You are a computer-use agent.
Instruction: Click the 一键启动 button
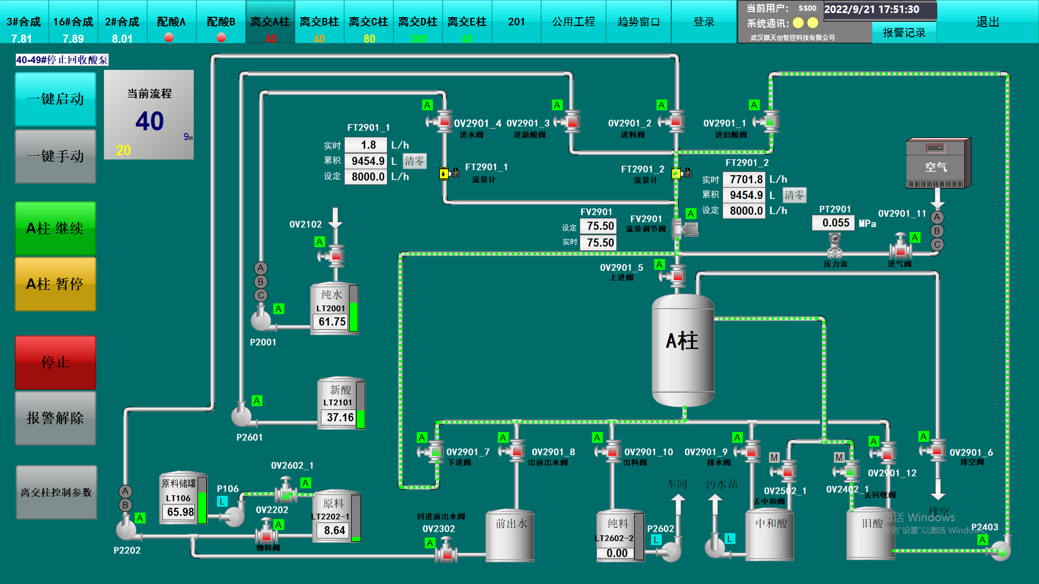point(55,99)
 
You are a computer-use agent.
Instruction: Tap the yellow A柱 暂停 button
point(55,284)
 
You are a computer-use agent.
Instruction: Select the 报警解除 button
point(55,418)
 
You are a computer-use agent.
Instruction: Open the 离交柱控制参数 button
point(56,493)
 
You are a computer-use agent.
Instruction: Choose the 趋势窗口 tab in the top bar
point(639,22)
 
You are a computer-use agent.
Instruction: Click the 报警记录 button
point(904,33)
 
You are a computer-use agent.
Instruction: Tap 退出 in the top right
point(987,22)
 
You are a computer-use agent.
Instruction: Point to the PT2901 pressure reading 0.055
point(835,223)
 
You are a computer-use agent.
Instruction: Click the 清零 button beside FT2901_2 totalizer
point(794,195)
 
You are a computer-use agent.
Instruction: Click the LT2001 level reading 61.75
point(331,322)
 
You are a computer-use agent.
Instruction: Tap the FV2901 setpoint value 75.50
point(600,226)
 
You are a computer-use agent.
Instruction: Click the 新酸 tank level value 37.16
point(339,417)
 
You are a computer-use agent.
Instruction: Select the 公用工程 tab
point(573,22)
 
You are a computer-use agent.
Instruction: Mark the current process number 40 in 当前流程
point(149,121)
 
